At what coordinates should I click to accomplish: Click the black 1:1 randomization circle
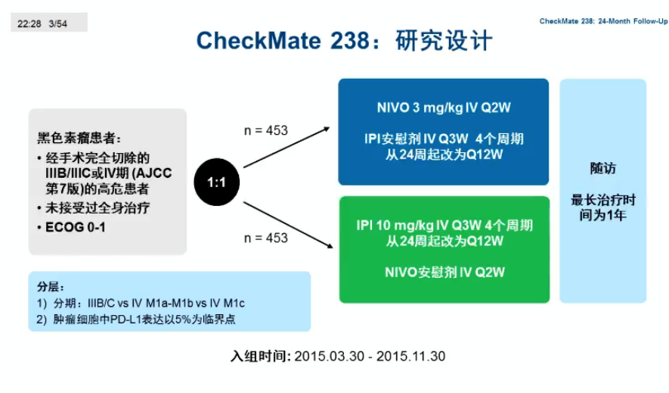tap(217, 182)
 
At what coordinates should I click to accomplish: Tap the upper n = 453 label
tap(266, 130)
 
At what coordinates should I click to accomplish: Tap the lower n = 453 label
tap(266, 238)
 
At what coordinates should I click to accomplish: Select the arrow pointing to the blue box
tap(286, 147)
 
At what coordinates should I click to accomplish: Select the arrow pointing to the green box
tap(288, 225)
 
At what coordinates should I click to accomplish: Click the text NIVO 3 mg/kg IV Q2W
tap(444, 108)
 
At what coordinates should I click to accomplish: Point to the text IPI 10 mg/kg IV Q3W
tap(419, 225)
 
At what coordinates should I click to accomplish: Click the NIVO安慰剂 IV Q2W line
tap(444, 272)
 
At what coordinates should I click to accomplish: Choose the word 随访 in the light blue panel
tap(603, 168)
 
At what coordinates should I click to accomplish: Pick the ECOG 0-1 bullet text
tap(76, 227)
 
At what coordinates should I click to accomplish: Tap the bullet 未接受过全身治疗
tap(98, 208)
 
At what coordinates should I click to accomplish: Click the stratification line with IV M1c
tap(141, 304)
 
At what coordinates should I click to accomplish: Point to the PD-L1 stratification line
tap(136, 320)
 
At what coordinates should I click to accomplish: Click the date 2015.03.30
tap(330, 356)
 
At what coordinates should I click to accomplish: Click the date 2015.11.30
tap(410, 356)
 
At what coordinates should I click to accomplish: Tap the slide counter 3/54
tap(58, 24)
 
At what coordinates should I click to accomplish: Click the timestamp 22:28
tap(29, 24)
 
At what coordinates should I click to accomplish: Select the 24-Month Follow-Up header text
tap(633, 21)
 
